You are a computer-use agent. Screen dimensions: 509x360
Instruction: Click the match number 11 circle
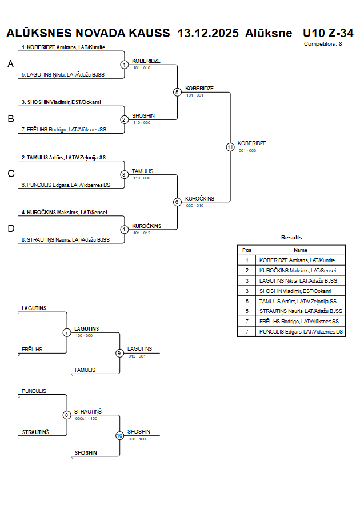(230, 147)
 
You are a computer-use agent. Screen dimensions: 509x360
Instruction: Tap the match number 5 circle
(177, 92)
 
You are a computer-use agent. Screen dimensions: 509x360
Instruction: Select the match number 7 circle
(67, 332)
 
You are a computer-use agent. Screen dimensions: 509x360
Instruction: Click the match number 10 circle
(119, 435)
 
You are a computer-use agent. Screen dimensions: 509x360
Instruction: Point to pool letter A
(10, 65)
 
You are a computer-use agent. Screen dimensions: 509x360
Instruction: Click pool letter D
(10, 229)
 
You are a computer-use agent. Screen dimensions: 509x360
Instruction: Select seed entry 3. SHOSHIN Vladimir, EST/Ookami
(61, 102)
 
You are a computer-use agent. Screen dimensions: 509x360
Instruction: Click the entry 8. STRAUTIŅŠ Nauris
(65, 240)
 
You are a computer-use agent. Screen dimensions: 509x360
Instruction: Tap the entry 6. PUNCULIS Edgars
(66, 185)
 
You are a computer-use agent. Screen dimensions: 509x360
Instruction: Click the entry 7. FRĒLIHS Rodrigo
(64, 130)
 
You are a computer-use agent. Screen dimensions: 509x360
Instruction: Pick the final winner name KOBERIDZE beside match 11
(252, 143)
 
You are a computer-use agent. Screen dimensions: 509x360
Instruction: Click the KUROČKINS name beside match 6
(199, 198)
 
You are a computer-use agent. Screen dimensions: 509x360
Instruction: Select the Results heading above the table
(291, 237)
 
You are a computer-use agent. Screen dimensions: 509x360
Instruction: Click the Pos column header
(246, 250)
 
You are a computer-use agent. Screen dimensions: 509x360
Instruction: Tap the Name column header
(300, 250)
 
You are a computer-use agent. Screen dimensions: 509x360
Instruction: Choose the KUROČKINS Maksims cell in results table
(298, 270)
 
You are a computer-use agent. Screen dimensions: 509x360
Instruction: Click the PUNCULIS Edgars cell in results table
(301, 331)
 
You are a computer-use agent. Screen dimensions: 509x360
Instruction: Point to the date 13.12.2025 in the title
(208, 33)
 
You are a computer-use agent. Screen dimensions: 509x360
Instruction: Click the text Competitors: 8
(323, 43)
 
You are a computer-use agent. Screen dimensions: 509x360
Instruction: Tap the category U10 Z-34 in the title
(327, 33)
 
